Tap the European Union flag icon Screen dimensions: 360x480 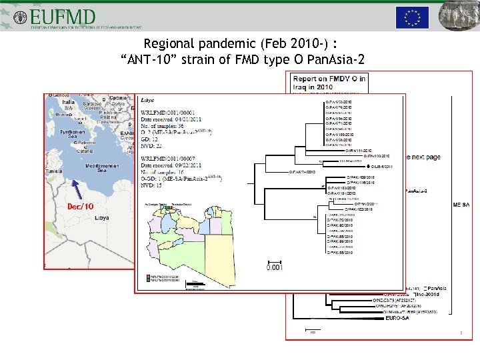412,17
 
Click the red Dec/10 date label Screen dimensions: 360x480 80,206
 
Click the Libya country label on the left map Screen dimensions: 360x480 101,218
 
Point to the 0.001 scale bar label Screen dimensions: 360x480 273,269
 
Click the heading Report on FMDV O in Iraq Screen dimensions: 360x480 329,83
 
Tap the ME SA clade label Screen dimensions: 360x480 461,205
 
